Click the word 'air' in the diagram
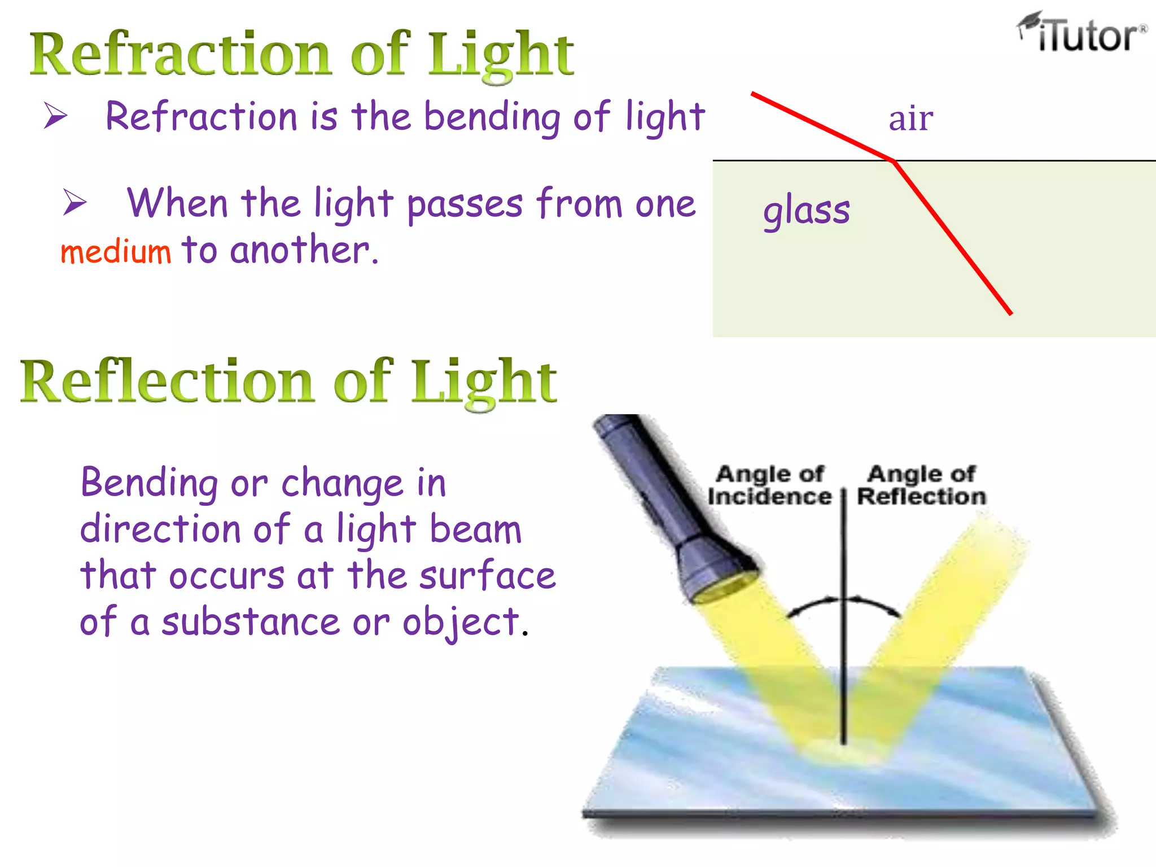tap(910, 119)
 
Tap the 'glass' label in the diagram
tap(806, 210)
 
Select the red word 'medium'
tap(116, 252)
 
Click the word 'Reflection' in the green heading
tap(167, 382)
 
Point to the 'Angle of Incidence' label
tap(769, 485)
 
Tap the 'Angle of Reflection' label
tap(921, 485)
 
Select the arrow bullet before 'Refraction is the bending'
tap(56, 116)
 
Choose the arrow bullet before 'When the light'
tap(75, 202)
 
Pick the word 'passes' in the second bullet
tap(465, 204)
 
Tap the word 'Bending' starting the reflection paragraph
tap(149, 484)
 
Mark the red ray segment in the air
tap(821, 127)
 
